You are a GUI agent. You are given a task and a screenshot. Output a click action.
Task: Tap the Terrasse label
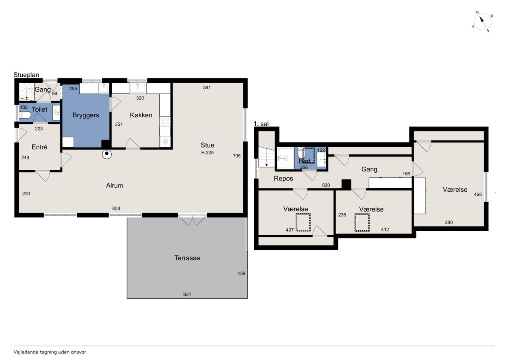coord(187,258)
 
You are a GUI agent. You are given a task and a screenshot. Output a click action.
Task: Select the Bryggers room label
coord(85,115)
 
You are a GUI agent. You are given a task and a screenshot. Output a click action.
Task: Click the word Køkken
coord(141,115)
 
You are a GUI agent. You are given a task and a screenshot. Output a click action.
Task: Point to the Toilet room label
coord(39,109)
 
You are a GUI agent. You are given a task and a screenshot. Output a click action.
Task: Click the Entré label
coord(39,147)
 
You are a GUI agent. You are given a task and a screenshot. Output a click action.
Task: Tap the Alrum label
coord(115,185)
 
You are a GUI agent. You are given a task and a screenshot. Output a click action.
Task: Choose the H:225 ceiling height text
coord(207,152)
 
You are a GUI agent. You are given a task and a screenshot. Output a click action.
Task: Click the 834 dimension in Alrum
coord(116,208)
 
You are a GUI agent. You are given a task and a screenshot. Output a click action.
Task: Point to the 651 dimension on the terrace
coord(187,294)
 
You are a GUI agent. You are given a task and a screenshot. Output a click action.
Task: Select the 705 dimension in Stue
coord(237,156)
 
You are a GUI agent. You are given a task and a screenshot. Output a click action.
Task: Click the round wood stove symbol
coord(107,154)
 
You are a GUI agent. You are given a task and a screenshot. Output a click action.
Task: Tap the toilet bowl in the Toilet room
coord(25,115)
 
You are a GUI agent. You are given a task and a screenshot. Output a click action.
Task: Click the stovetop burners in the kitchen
coord(165,121)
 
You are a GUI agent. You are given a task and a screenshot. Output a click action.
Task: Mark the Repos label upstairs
coord(284,179)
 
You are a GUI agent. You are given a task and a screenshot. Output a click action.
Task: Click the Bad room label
coord(305,161)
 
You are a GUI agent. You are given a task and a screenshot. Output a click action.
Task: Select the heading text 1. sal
coord(261,124)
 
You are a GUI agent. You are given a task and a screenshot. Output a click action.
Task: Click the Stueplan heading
coord(26,75)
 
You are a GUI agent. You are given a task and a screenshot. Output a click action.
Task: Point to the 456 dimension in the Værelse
coord(478,194)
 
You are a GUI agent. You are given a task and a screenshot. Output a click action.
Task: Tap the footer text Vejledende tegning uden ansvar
coord(50,352)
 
